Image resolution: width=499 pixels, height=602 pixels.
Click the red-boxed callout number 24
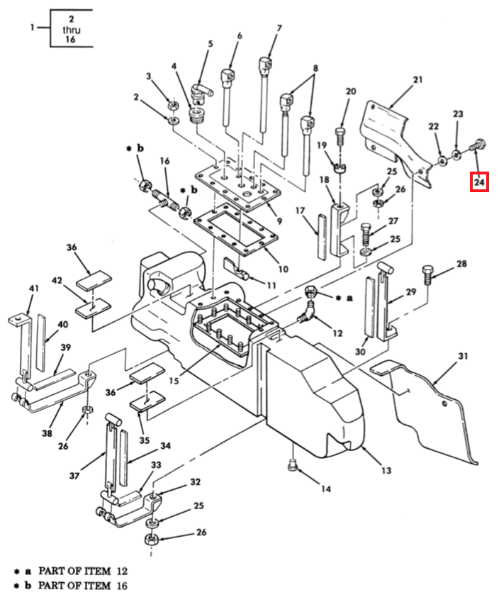pyautogui.click(x=479, y=182)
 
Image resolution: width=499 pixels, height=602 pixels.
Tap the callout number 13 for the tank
pyautogui.click(x=386, y=470)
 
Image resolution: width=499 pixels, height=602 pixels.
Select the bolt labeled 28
pyautogui.click(x=427, y=274)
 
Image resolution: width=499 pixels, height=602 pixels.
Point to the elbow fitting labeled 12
pyautogui.click(x=308, y=312)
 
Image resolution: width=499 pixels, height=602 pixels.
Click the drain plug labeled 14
pyautogui.click(x=293, y=465)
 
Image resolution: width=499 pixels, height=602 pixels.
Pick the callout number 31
pyautogui.click(x=463, y=356)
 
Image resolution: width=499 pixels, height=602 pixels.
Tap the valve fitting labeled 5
pyautogui.click(x=200, y=94)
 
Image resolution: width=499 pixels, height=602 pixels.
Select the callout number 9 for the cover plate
pyautogui.click(x=279, y=221)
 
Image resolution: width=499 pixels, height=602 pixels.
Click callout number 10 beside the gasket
pyautogui.click(x=283, y=269)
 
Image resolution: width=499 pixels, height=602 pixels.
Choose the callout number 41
pyautogui.click(x=34, y=288)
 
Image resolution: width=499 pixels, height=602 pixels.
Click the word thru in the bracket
pyautogui.click(x=71, y=29)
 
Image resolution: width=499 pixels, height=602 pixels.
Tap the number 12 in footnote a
pyautogui.click(x=122, y=571)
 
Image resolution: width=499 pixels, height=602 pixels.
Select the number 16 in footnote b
pyautogui.click(x=122, y=586)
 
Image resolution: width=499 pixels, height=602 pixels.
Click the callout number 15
pyautogui.click(x=174, y=381)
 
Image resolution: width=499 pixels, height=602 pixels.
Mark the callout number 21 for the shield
pyautogui.click(x=417, y=80)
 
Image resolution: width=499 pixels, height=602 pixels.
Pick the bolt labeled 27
pyautogui.click(x=366, y=235)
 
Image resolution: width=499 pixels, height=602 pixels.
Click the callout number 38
pyautogui.click(x=47, y=433)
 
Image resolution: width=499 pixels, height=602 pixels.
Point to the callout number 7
pyautogui.click(x=279, y=28)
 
